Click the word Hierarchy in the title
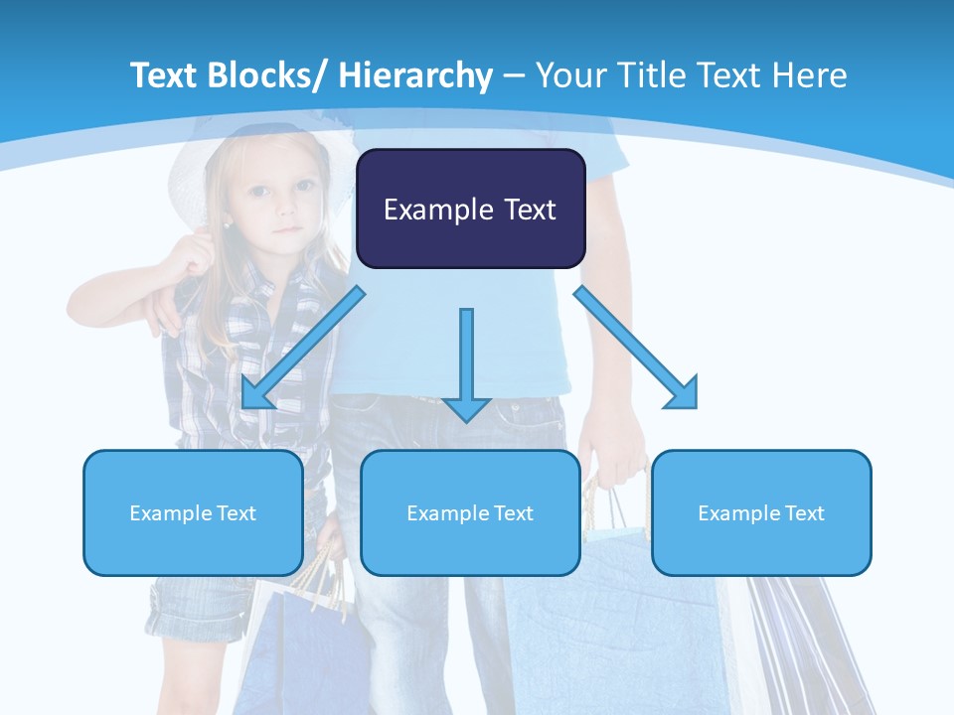click(x=415, y=75)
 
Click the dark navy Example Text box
click(x=470, y=209)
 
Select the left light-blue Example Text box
click(x=193, y=512)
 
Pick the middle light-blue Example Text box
click(x=470, y=512)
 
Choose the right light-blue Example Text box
click(x=761, y=512)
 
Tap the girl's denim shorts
click(x=199, y=606)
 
